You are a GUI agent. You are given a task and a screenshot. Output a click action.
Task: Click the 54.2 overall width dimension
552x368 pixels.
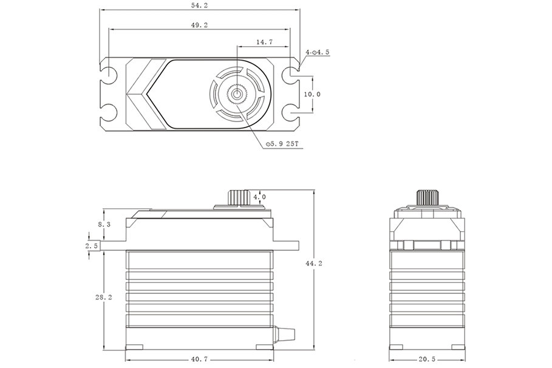(x=199, y=5)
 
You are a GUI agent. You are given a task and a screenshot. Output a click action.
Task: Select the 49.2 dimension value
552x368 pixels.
(x=199, y=25)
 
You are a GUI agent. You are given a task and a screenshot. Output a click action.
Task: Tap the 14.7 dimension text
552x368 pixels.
(x=264, y=43)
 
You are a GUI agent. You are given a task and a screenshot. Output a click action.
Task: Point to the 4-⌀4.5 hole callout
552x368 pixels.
(x=318, y=53)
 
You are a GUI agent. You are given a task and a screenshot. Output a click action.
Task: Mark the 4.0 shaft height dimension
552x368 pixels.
(x=260, y=197)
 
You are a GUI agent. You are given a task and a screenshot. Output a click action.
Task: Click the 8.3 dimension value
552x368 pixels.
(x=104, y=224)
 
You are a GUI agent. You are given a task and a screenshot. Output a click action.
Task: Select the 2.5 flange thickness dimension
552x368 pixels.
(x=92, y=246)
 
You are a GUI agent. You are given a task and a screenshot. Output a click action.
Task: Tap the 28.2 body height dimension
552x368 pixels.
(x=104, y=298)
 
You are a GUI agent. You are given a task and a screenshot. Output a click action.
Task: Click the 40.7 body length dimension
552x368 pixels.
(x=199, y=359)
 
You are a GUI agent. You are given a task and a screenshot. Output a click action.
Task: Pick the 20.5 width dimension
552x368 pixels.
(x=427, y=359)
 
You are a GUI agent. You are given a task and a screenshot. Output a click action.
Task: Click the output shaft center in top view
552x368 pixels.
(x=236, y=94)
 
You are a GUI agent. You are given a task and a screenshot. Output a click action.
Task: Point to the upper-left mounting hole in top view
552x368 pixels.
(x=109, y=75)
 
